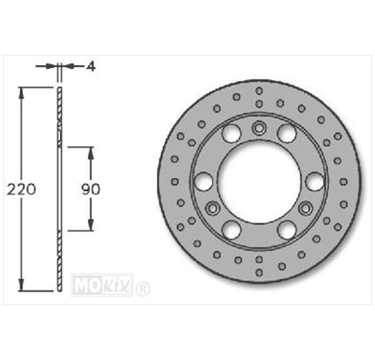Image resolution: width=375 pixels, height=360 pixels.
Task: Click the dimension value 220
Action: (x=21, y=189)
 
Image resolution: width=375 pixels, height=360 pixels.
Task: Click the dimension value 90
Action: (x=91, y=189)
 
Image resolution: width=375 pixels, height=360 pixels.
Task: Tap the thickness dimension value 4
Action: (x=91, y=66)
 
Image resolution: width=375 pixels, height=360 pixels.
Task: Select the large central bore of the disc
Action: (x=259, y=179)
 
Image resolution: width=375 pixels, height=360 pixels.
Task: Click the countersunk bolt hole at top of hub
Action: (x=259, y=127)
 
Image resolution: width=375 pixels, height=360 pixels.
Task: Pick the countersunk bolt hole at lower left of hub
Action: (x=212, y=208)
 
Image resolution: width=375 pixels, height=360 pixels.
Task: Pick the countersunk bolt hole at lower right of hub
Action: (x=306, y=208)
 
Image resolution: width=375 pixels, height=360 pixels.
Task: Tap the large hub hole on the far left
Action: (x=204, y=181)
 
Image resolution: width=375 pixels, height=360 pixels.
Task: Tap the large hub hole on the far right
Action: (x=315, y=181)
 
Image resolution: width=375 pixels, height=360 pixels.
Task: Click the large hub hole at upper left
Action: (x=231, y=133)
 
